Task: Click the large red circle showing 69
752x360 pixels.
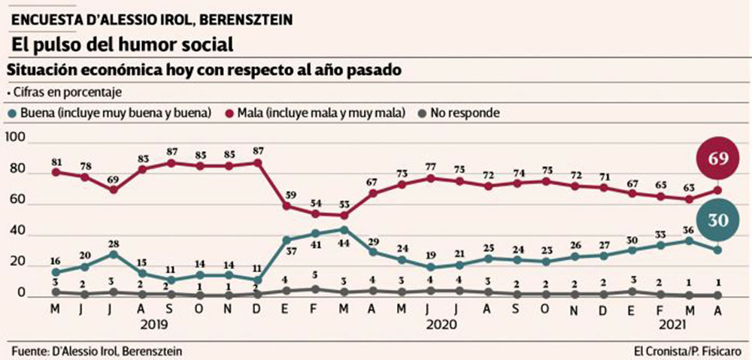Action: (717, 157)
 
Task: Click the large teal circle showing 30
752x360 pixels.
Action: (717, 219)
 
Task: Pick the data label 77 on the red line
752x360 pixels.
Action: (430, 166)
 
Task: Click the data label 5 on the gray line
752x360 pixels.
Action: (315, 275)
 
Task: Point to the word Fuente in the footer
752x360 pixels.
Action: (29, 351)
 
